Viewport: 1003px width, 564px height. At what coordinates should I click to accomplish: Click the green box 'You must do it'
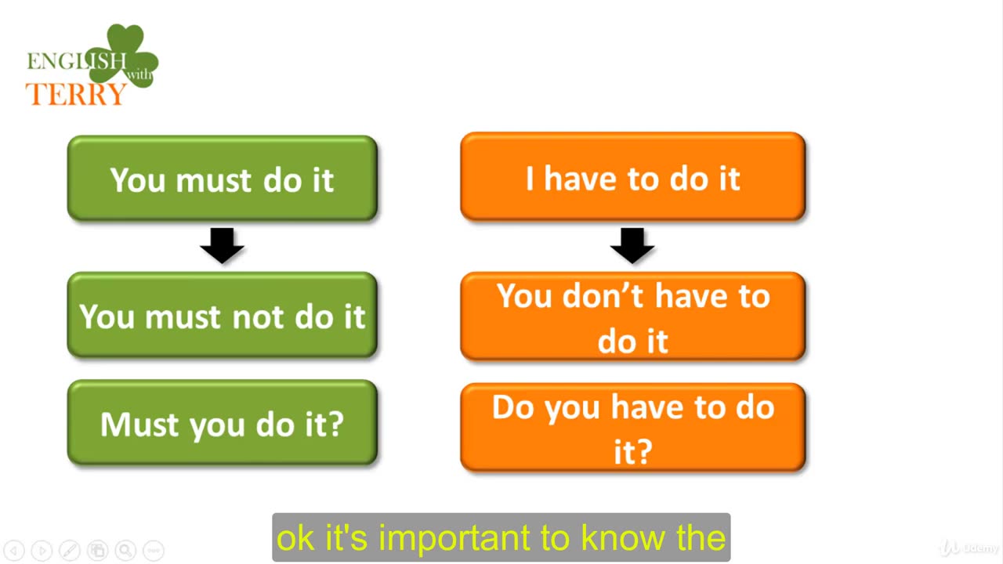(x=222, y=178)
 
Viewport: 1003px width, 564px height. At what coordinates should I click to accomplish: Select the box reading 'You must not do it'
(x=222, y=315)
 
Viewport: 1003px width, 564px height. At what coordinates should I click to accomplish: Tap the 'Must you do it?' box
(x=222, y=423)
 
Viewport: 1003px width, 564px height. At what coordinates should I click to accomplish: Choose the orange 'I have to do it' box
(x=632, y=177)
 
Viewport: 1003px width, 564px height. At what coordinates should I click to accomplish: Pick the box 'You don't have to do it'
(x=632, y=316)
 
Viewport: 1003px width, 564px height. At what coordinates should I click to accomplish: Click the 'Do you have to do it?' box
(x=632, y=428)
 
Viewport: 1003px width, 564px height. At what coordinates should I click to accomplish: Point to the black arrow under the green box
(x=222, y=245)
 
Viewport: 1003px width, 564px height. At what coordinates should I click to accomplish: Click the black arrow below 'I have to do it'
(x=632, y=245)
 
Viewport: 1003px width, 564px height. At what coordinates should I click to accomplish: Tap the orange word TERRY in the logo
(x=76, y=94)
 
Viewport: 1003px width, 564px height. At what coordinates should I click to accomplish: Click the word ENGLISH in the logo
(x=77, y=61)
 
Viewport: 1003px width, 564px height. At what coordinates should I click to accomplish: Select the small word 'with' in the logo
(x=139, y=74)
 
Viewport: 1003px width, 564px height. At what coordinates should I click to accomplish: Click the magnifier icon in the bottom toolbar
(x=126, y=550)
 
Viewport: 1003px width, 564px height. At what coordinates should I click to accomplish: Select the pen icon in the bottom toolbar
(x=70, y=550)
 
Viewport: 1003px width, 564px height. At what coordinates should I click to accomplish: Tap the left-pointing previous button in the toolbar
(x=14, y=550)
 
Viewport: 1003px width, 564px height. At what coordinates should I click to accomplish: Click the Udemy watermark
(x=969, y=548)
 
